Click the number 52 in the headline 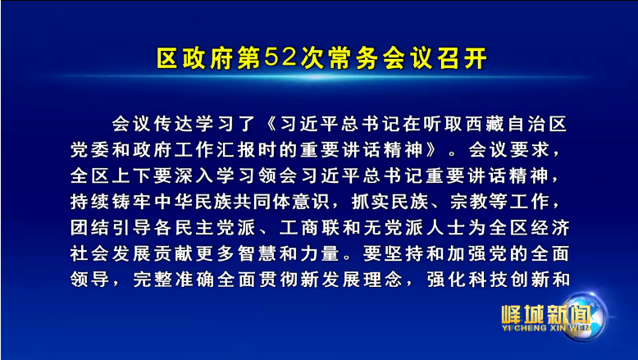coord(280,58)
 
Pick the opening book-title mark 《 coord(268,125)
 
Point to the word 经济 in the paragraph coord(550,228)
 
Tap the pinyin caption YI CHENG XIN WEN coord(546,327)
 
